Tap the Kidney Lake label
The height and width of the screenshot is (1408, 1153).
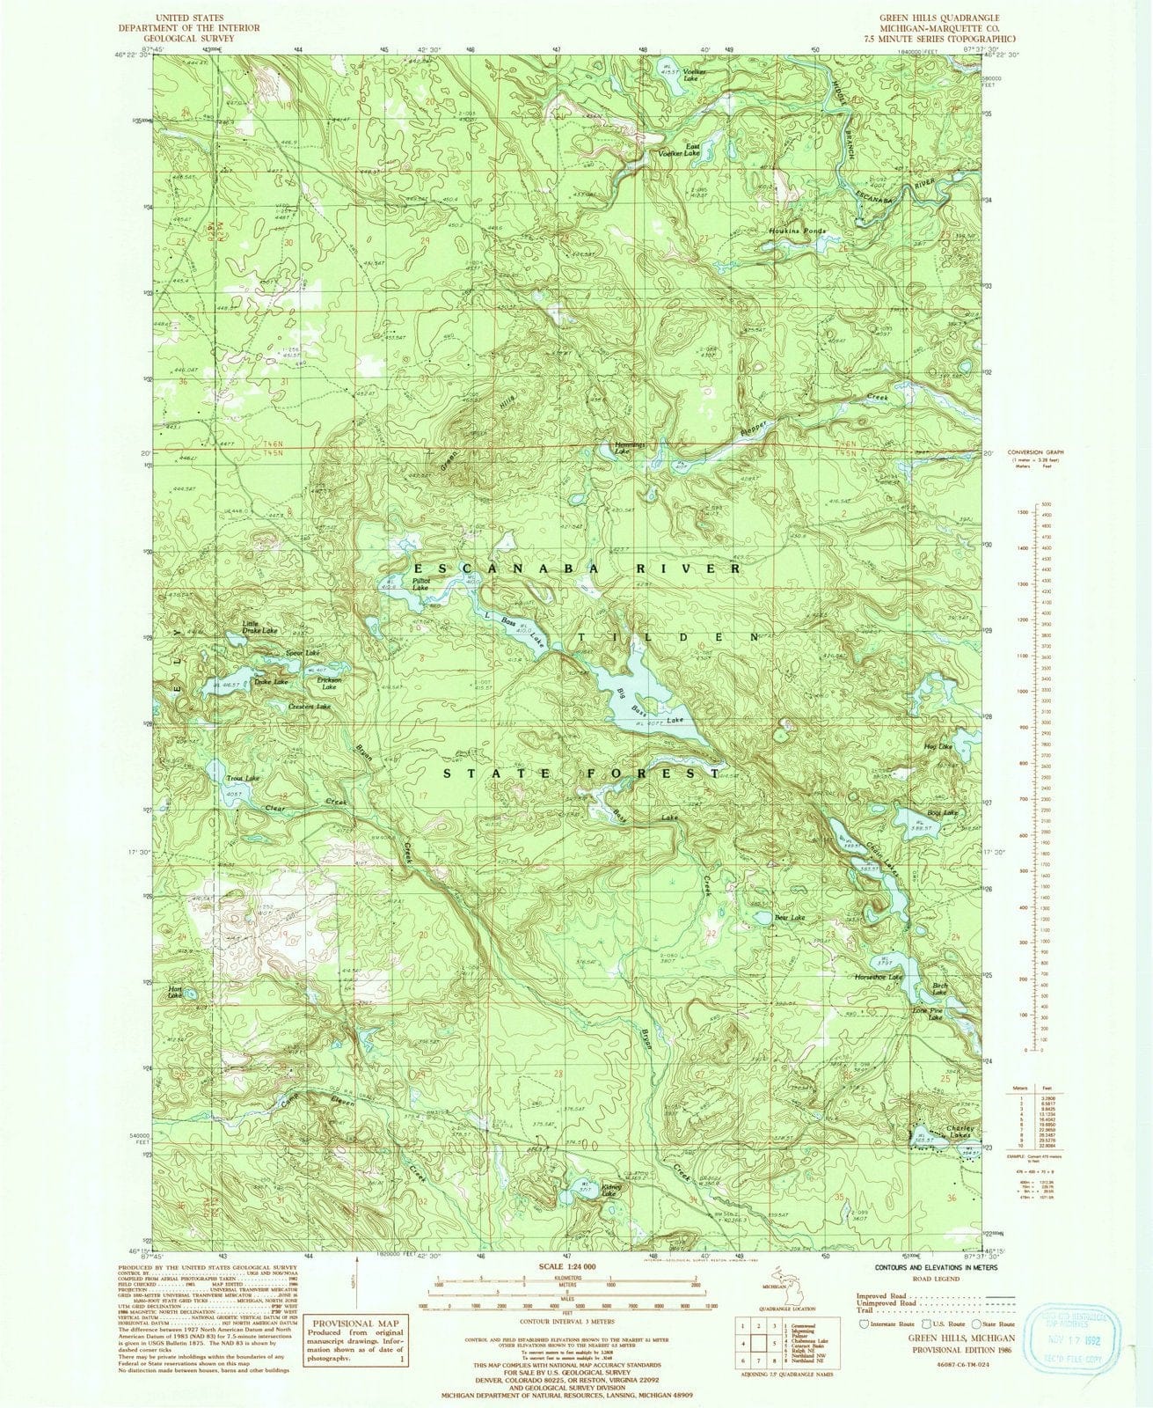613,1191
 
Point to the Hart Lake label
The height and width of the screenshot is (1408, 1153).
174,992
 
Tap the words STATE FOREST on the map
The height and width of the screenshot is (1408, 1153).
580,774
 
